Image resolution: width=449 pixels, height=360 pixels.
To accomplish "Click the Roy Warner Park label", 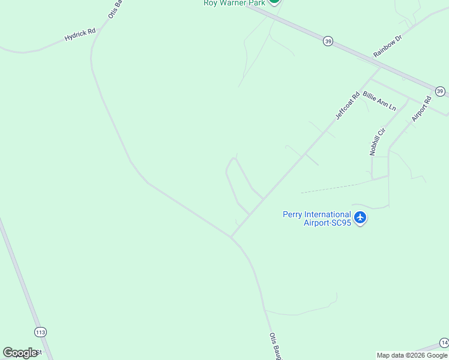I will pos(234,3).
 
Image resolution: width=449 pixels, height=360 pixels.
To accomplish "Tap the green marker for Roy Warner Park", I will pos(274,2).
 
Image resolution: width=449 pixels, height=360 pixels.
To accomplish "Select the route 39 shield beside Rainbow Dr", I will pos(327,41).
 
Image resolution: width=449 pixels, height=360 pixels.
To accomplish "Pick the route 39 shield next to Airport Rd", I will pos(440,91).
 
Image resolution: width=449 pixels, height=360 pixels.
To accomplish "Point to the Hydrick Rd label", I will pos(80,35).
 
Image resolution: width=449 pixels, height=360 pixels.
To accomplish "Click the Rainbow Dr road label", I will pos(387,46).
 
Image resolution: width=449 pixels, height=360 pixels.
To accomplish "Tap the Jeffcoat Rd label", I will pos(348,105).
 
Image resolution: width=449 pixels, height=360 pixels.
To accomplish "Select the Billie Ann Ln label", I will pos(379,101).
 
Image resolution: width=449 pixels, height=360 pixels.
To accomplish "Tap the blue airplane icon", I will pos(360,217).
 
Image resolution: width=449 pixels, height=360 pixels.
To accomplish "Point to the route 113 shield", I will pos(40,332).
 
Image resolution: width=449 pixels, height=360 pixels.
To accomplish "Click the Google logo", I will pos(20,353).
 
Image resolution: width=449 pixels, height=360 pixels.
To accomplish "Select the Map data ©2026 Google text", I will pos(412,355).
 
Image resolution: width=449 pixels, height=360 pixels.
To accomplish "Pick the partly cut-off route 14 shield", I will pos(444,343).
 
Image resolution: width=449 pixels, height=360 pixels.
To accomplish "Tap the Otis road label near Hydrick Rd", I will pos(115,9).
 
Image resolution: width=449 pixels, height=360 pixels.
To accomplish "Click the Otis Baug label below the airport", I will pos(274,346).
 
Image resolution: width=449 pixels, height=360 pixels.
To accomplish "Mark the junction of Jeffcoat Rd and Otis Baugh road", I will pos(232,236).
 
